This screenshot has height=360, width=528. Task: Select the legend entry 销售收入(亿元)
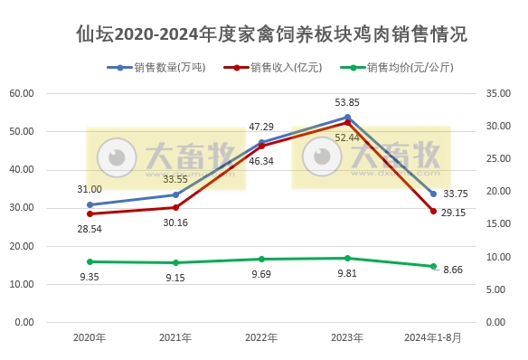279,67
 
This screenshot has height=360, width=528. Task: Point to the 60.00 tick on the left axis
22,93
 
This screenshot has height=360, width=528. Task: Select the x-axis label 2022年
262,338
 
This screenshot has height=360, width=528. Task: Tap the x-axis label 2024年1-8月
432,338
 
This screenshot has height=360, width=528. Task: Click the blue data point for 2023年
347,117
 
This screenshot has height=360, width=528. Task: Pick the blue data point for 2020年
90,204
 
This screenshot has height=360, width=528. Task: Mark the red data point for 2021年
175,207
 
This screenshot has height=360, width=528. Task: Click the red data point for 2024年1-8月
433,211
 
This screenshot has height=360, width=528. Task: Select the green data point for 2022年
261,259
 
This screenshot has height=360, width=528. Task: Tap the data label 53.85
347,102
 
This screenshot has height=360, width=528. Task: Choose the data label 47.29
261,127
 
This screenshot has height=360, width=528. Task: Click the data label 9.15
175,278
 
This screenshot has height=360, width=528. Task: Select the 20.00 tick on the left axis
22,246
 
